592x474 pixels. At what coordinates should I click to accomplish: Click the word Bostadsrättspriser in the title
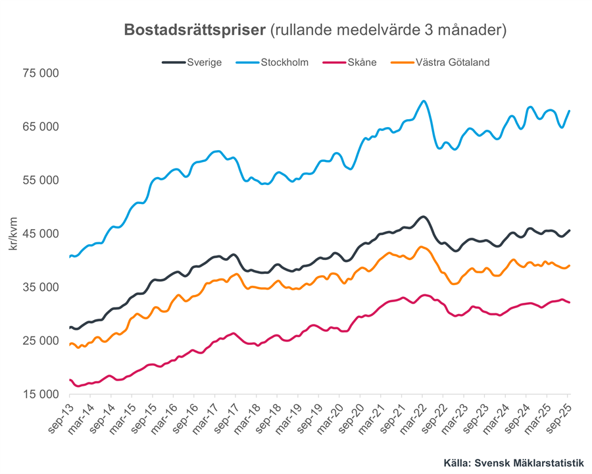coord(194,30)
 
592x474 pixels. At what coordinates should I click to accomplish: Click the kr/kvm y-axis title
coord(13,234)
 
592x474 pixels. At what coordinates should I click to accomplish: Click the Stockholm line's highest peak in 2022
coord(424,101)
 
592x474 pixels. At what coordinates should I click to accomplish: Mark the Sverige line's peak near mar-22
coord(424,217)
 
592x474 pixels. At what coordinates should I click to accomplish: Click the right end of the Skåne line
coord(569,302)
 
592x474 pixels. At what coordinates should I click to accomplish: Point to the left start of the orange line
coord(70,344)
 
